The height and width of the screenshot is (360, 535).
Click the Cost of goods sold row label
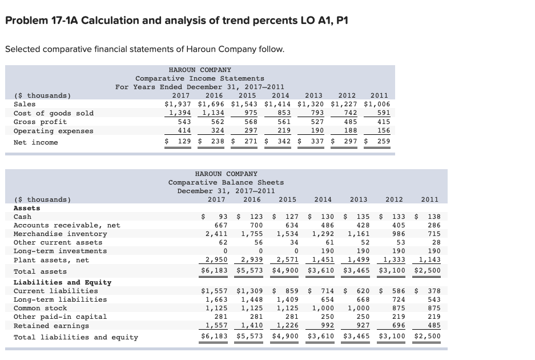[x=53, y=113]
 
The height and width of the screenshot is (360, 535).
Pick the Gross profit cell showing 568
[x=249, y=122]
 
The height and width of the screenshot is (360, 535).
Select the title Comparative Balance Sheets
[x=226, y=182]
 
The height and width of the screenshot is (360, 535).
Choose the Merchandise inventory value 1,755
[x=252, y=234]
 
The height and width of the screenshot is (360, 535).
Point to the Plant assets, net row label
[x=51, y=260]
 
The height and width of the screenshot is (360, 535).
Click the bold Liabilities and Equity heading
[x=62, y=282]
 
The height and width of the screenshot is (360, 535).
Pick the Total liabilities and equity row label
[x=75, y=337]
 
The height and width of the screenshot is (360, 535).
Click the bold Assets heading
[x=27, y=208]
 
